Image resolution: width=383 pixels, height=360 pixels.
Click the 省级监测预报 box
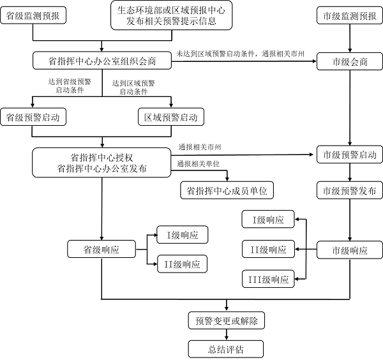pyautogui.click(x=33, y=16)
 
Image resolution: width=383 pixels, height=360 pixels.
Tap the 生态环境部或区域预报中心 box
pyautogui.click(x=171, y=15)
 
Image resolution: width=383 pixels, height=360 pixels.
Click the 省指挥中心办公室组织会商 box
pyautogui.click(x=101, y=61)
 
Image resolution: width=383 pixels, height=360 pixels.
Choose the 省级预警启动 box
pyautogui.click(x=33, y=117)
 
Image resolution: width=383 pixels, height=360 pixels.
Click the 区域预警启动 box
pyautogui.click(x=170, y=117)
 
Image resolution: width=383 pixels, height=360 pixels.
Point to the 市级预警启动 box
pyautogui.click(x=350, y=155)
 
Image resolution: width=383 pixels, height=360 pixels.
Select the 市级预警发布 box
pyautogui.click(x=350, y=191)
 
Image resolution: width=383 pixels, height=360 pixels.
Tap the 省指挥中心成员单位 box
pyautogui.click(x=227, y=190)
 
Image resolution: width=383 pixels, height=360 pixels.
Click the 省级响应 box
pyautogui.click(x=101, y=249)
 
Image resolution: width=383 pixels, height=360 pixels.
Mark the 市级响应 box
pyautogui.click(x=350, y=250)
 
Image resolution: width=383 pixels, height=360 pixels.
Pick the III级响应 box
pyautogui.click(x=268, y=279)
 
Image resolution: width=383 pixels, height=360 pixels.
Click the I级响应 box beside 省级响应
pyautogui.click(x=183, y=235)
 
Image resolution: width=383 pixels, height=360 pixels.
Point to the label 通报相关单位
pyautogui.click(x=199, y=164)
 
